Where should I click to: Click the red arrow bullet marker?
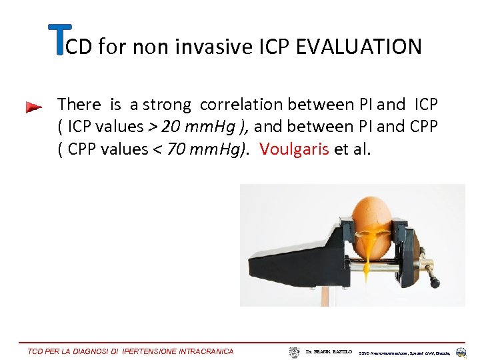(33, 107)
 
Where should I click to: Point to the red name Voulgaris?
(294, 149)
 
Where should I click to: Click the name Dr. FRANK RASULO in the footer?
(329, 351)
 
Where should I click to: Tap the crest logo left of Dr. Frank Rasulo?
(295, 351)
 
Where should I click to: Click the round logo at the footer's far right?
(461, 352)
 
